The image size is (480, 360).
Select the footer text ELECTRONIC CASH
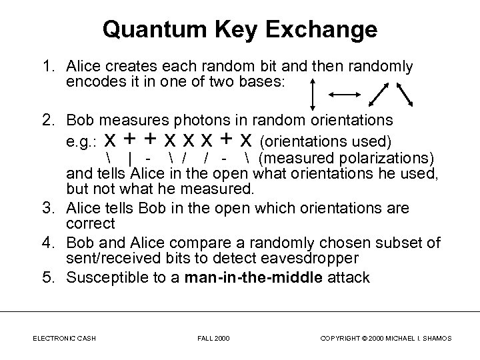[x=65, y=339]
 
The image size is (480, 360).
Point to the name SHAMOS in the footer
[x=435, y=339]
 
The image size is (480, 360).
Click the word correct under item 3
[x=91, y=223]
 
